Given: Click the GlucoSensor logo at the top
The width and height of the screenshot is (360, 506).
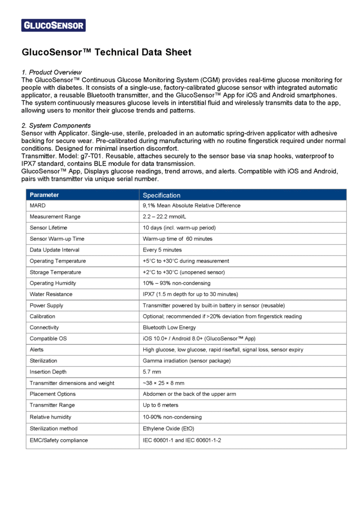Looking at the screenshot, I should (x=53, y=25).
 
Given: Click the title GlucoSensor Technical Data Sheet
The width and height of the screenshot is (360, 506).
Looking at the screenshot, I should (x=106, y=52).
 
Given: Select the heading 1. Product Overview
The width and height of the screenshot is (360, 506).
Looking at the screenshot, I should (x=51, y=72).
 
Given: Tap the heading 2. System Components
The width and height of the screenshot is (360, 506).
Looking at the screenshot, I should (x=56, y=126).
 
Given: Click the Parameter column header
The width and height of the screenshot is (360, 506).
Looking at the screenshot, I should (x=44, y=195).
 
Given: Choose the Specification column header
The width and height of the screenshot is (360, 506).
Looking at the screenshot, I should (x=162, y=195).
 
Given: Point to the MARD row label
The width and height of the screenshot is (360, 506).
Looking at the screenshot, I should (x=38, y=206).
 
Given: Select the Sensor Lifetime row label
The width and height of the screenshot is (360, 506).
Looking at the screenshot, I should (x=48, y=228).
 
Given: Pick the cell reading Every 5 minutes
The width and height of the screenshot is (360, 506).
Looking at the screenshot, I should (x=162, y=250).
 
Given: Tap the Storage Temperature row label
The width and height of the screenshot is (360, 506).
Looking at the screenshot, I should (x=55, y=272).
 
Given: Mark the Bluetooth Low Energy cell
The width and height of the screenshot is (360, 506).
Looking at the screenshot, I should (x=169, y=328).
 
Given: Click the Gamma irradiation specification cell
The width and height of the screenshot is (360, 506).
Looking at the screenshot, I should (x=186, y=361).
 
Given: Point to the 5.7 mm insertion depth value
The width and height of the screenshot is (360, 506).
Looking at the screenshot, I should (x=152, y=372).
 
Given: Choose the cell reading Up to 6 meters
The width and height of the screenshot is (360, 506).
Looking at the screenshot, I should (x=161, y=405).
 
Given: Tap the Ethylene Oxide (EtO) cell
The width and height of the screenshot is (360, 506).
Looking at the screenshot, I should (x=169, y=428).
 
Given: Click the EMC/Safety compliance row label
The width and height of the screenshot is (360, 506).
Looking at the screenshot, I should (x=58, y=440).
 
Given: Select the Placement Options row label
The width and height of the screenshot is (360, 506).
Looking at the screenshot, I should (x=52, y=394).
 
